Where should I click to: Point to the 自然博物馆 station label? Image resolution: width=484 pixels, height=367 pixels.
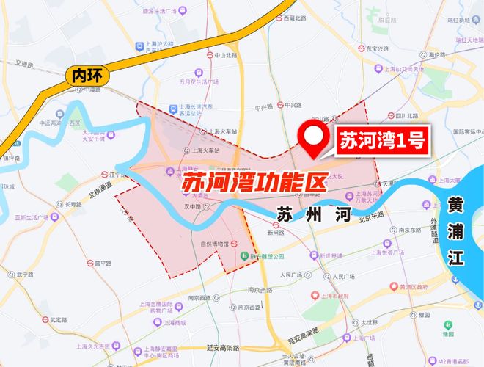[217, 243]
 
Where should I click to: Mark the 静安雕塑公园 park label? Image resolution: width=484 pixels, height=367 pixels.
[266, 257]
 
